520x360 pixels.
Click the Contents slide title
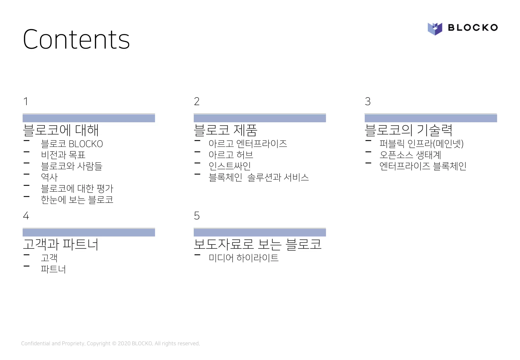76,39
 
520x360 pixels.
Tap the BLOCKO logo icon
435,28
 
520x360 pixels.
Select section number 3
368,101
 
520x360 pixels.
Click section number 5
197,216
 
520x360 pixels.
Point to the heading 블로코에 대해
61,130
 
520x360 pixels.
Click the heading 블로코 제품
225,130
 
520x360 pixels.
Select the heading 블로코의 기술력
408,130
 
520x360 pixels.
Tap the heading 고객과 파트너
60,244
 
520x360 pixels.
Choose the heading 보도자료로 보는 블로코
257,244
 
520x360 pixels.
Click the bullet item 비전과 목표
63,155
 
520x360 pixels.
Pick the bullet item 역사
49,177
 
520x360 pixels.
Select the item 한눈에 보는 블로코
77,200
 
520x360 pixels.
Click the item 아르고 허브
231,155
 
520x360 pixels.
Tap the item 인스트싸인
230,166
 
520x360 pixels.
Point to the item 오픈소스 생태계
410,155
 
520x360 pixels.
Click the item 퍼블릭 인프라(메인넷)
421,144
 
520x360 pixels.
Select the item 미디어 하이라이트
243,258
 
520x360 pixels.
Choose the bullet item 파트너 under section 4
53,269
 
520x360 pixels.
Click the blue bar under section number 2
259,118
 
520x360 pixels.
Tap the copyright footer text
110,343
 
